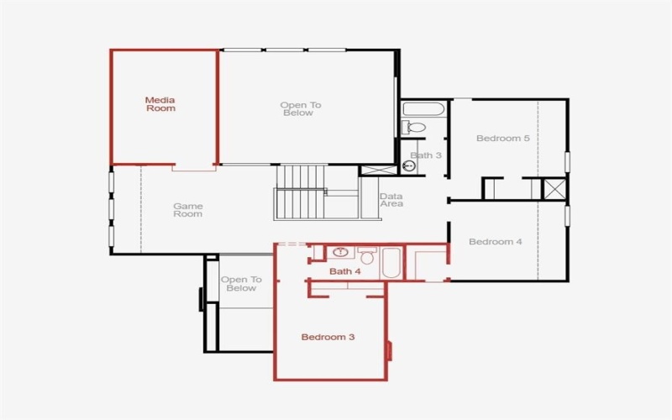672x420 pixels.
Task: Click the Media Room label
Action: [x=160, y=104]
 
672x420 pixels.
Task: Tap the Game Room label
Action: [x=187, y=210]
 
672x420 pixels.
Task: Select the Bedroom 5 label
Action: [x=502, y=139]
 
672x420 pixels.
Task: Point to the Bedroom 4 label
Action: [x=495, y=242]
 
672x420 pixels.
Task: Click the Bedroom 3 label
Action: [x=328, y=337]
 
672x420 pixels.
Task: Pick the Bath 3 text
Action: [x=426, y=155]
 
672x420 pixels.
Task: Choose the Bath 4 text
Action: [x=344, y=271]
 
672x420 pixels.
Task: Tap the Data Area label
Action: [x=391, y=200]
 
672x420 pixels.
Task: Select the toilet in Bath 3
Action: [x=413, y=128]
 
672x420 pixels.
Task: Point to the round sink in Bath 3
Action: [x=409, y=165]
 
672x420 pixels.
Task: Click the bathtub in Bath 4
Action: [x=392, y=262]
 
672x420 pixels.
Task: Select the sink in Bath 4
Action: [x=341, y=252]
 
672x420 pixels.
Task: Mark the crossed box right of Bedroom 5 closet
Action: [x=554, y=189]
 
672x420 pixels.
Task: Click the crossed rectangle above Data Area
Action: [x=378, y=170]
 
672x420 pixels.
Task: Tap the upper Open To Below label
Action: [x=301, y=109]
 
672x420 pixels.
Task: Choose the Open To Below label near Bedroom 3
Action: [x=241, y=284]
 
